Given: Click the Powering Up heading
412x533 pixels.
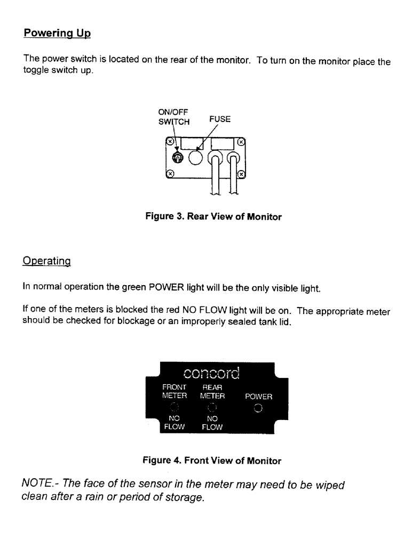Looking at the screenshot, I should point(57,33).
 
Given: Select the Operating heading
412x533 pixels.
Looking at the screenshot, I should point(47,262).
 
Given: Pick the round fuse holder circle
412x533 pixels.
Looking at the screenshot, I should point(196,157).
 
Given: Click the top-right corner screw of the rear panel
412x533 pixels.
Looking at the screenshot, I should point(241,142).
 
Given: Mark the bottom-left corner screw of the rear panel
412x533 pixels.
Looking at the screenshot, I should point(170,174).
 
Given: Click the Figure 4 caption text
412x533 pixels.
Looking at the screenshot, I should point(211,461).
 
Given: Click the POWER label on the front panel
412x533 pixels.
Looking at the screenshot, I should point(258,397).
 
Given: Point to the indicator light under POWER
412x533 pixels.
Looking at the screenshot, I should point(258,409).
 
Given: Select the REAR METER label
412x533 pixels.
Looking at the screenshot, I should point(212,392).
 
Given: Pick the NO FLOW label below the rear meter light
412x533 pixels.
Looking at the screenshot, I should point(212,423).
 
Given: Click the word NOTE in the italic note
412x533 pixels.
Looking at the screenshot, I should point(36,486).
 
